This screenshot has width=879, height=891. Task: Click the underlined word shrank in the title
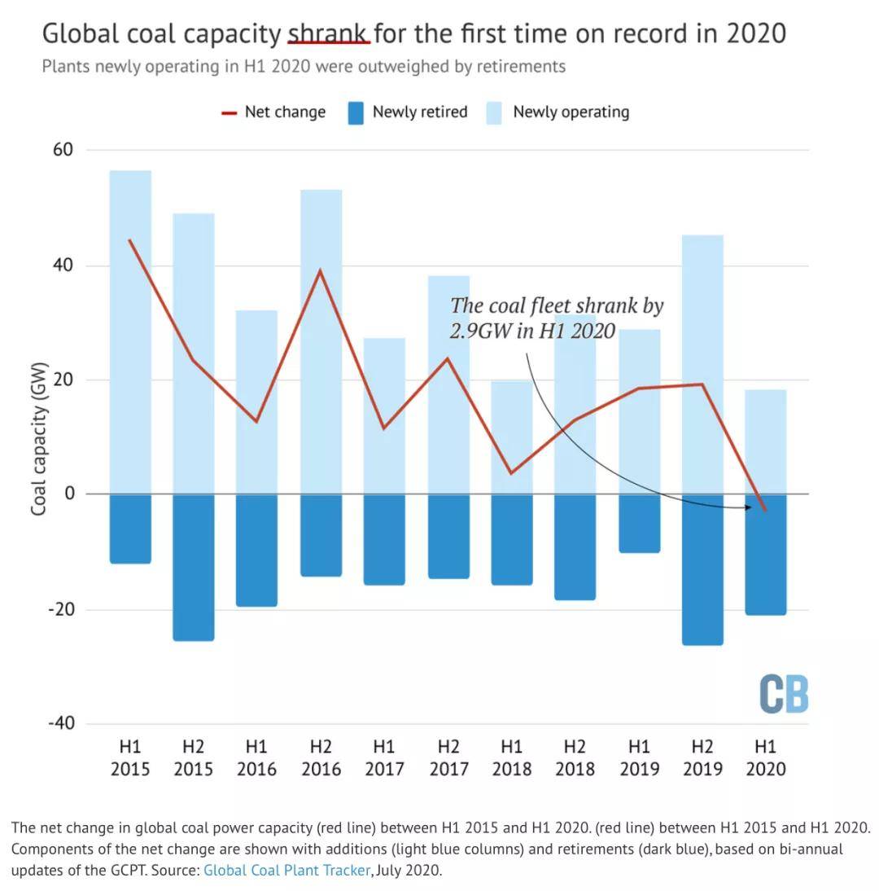point(329,33)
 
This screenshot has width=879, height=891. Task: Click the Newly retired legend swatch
point(356,112)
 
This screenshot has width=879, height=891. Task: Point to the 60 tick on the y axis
point(63,150)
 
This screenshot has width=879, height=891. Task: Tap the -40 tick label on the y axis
point(60,723)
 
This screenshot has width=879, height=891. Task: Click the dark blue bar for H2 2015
point(194,568)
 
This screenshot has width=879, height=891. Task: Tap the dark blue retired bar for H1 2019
point(639,524)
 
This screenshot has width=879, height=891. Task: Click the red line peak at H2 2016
point(321,270)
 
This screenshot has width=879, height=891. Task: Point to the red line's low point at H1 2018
point(511,473)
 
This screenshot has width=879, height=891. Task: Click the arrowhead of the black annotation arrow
point(748,507)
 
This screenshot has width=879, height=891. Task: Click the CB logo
point(783,694)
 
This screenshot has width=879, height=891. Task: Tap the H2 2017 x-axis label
point(448,757)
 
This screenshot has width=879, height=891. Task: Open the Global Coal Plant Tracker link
point(286,870)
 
